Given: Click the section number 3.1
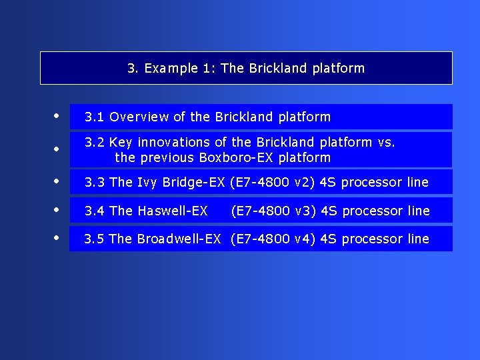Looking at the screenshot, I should [x=94, y=117].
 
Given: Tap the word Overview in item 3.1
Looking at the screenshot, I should [x=139, y=117].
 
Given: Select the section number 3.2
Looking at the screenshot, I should [x=94, y=142].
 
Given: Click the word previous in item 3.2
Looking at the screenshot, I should [x=167, y=158].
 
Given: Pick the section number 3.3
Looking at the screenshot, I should [x=94, y=182].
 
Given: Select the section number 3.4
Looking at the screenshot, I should [x=94, y=211].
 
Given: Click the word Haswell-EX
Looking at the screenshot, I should [x=172, y=211].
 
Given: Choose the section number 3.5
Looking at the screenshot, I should [x=94, y=239].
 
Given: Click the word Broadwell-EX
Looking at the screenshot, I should [x=179, y=239].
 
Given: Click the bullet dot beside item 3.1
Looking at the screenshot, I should [x=57, y=115].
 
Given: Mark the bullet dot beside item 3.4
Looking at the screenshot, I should [x=57, y=209].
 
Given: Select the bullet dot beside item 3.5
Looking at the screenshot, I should [x=57, y=237].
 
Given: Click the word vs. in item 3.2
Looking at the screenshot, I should [x=386, y=142].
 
